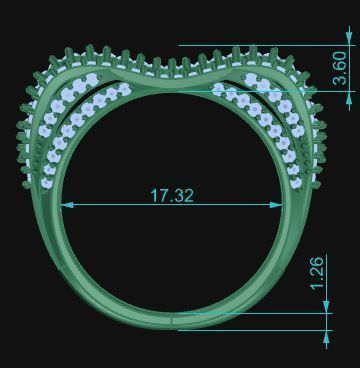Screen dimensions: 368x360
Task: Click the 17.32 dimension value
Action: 172,196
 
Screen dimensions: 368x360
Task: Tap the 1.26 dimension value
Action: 317,273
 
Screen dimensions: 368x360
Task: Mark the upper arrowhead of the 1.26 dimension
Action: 327,308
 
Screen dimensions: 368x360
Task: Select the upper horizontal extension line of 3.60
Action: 260,45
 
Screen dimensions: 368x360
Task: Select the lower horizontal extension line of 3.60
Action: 280,92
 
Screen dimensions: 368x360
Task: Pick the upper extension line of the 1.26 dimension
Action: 250,313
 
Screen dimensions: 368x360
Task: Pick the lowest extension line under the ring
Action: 250,330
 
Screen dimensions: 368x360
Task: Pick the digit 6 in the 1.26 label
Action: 317,262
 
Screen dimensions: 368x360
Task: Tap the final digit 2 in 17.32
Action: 188,196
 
